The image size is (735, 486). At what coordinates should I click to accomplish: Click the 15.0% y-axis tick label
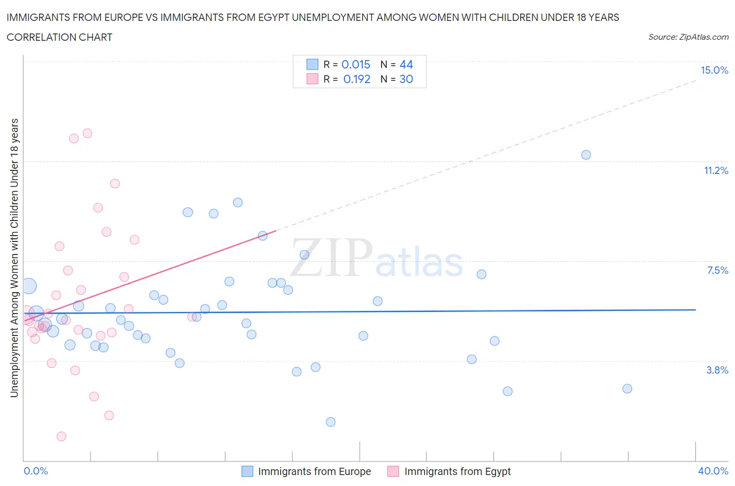[x=714, y=70]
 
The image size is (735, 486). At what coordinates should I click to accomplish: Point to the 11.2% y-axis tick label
[x=716, y=170]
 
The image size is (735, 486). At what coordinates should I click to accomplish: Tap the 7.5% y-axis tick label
[x=717, y=270]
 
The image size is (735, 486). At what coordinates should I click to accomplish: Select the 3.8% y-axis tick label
[x=717, y=370]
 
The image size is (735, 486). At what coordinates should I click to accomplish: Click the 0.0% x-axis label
[x=36, y=471]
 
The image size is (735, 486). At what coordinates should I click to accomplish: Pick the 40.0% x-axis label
[x=713, y=471]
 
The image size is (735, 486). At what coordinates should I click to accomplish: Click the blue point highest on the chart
[x=586, y=155]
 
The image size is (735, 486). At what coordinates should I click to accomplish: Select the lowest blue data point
[x=330, y=422]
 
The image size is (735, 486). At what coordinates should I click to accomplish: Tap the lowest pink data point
[x=61, y=436]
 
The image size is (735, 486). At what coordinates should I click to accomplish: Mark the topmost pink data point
[x=87, y=133]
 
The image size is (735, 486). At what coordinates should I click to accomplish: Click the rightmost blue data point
[x=627, y=388]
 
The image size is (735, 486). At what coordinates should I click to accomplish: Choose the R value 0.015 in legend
[x=355, y=64]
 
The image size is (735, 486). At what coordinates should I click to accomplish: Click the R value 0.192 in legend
[x=357, y=79]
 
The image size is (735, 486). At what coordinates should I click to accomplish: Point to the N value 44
[x=406, y=64]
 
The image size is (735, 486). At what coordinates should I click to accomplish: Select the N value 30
[x=406, y=79]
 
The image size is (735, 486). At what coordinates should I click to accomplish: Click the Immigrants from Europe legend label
[x=314, y=471]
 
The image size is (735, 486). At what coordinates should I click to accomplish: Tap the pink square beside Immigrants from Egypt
[x=393, y=471]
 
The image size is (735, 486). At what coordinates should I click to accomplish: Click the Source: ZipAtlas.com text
[x=688, y=37]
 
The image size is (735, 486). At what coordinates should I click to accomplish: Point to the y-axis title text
[x=14, y=258]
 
